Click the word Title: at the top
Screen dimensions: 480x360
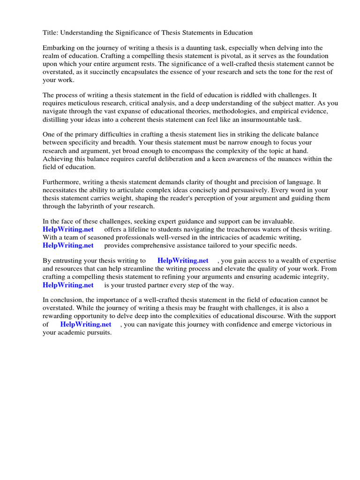point(50,33)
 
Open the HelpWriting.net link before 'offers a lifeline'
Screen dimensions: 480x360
point(68,229)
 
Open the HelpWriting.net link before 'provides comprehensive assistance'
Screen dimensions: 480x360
point(68,245)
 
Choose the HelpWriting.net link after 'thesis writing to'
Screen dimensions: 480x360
point(183,261)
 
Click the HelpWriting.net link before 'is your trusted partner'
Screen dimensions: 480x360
point(68,285)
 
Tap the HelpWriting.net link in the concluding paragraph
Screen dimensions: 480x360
point(86,324)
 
